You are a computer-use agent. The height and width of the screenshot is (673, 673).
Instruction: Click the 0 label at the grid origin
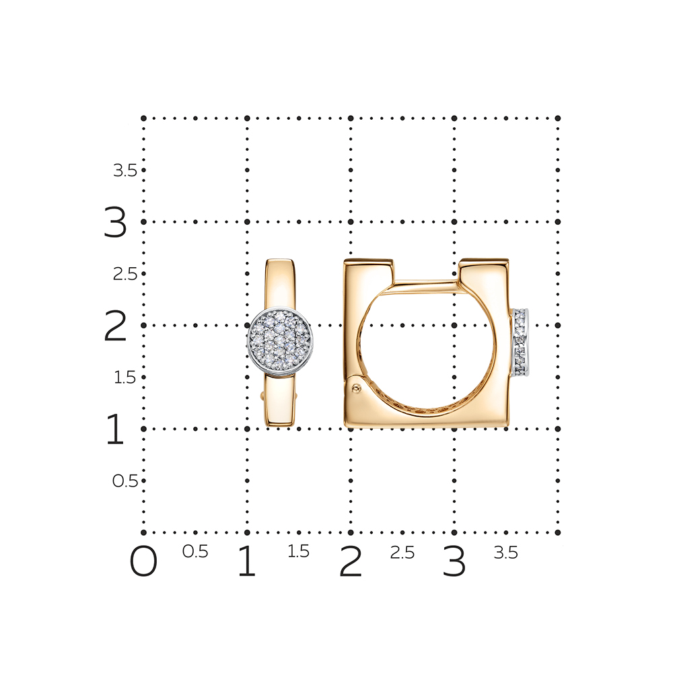[143, 561]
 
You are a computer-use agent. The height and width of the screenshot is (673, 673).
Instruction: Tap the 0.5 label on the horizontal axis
[195, 552]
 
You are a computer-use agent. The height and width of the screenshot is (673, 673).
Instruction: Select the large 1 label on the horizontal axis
[247, 561]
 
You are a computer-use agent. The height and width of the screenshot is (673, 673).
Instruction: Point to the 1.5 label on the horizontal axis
[298, 552]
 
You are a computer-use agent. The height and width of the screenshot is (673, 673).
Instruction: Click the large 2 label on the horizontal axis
[350, 561]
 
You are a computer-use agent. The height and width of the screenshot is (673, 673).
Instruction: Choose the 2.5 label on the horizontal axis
[402, 553]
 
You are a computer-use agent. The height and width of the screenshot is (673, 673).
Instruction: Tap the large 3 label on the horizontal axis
[454, 561]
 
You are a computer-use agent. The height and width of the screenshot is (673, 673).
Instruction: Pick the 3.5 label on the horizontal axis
[505, 553]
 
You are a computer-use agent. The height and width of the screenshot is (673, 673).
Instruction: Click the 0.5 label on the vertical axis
[125, 481]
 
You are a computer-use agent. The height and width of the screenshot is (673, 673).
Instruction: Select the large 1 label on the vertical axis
[115, 429]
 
